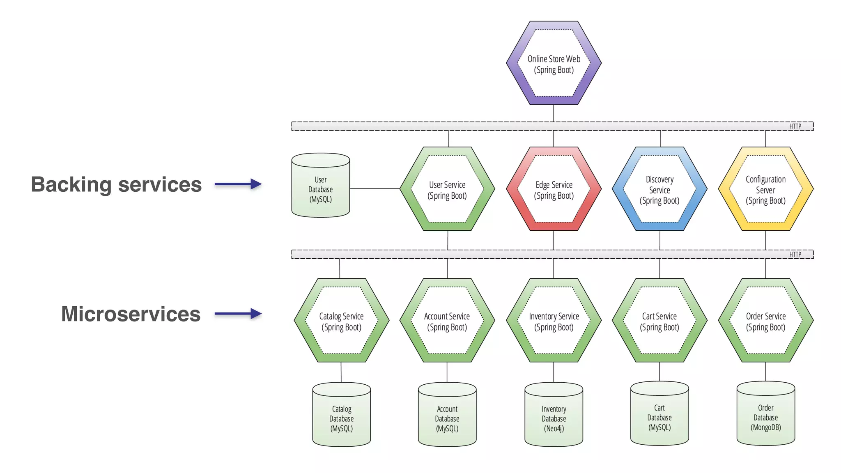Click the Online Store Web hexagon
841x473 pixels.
(x=554, y=64)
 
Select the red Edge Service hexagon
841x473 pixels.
(x=554, y=189)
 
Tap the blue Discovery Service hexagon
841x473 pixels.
(x=659, y=189)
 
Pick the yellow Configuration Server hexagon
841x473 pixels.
(x=765, y=189)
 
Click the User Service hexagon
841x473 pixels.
(x=447, y=189)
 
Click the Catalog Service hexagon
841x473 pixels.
(x=341, y=321)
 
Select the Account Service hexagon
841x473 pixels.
(x=447, y=321)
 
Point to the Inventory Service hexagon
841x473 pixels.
(x=554, y=321)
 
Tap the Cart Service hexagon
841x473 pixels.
(x=659, y=321)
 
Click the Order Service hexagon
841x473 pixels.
(x=765, y=321)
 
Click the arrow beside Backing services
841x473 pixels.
(x=238, y=184)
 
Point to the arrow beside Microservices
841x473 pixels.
(x=238, y=314)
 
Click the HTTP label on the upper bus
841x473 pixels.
(x=795, y=126)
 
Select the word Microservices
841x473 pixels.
(x=131, y=314)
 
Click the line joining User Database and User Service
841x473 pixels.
(x=375, y=188)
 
